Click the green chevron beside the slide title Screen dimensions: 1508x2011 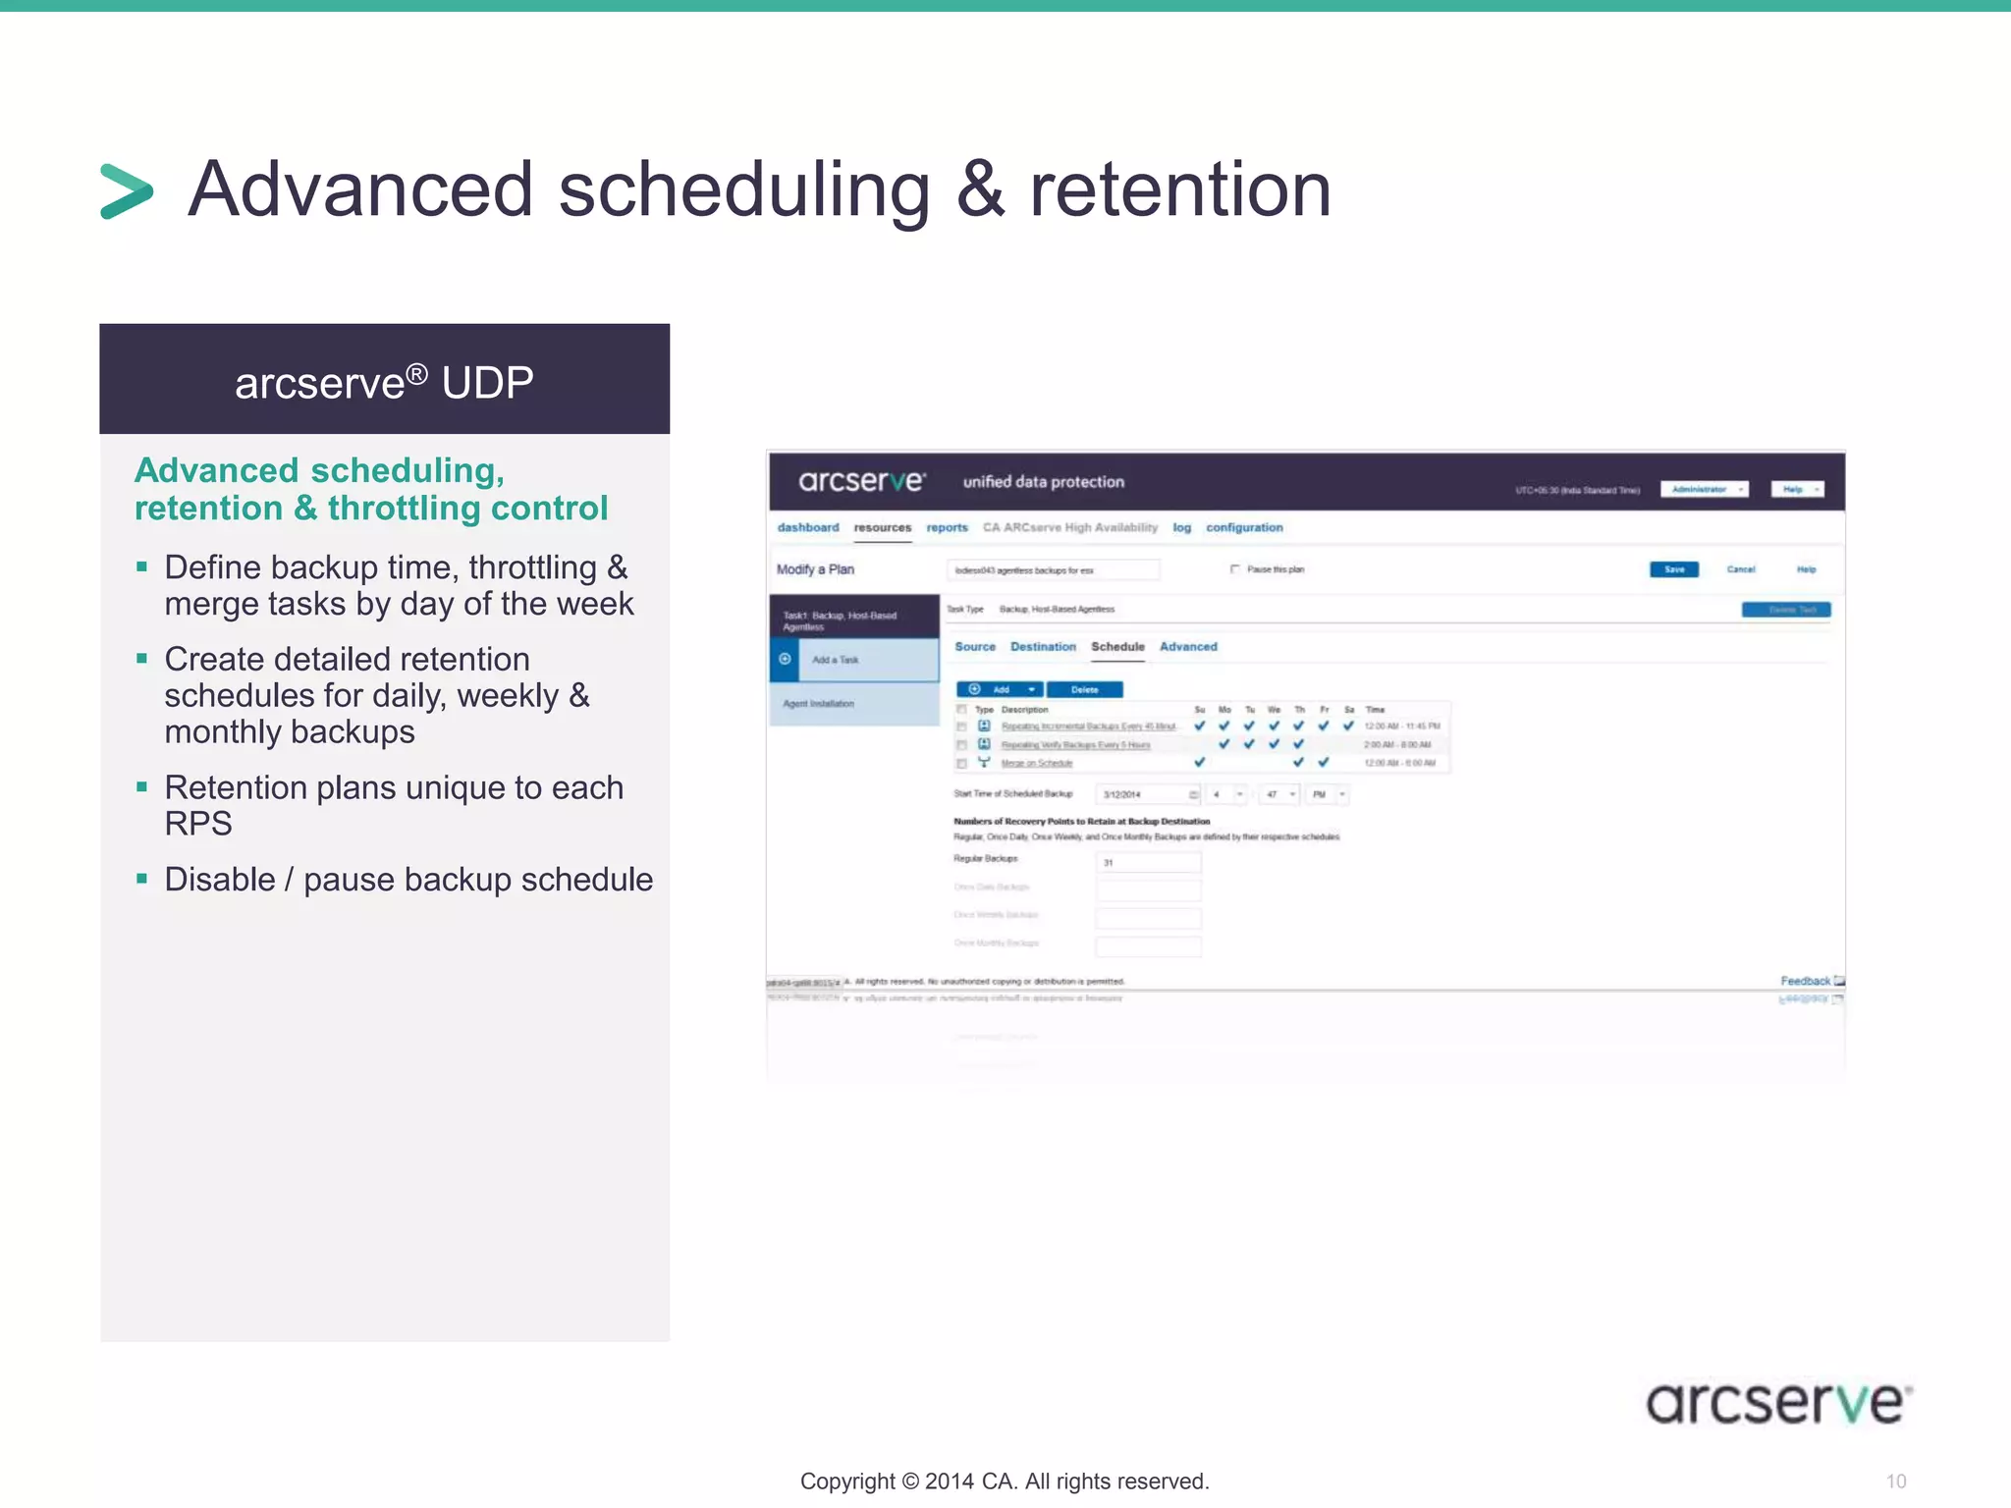[127, 190]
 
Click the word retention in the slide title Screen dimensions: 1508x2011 [1179, 190]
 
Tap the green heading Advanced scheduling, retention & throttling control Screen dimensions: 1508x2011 [370, 489]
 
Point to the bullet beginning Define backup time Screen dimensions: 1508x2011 [398, 585]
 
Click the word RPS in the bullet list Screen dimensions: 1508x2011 [197, 824]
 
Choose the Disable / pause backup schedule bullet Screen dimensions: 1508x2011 [408, 880]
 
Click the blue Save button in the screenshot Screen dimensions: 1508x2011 [1673, 569]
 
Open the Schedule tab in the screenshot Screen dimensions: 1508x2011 [1117, 647]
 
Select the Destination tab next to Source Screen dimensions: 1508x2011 [1043, 647]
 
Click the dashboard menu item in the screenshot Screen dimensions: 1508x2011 [807, 527]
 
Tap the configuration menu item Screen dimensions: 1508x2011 [1244, 527]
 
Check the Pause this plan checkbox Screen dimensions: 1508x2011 [1234, 569]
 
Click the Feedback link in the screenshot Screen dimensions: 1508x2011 [1806, 981]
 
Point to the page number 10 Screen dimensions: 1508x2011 [1895, 1481]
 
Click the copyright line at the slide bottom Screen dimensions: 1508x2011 [1004, 1481]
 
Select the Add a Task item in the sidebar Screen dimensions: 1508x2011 [836, 660]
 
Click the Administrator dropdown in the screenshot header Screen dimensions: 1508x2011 [1704, 489]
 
